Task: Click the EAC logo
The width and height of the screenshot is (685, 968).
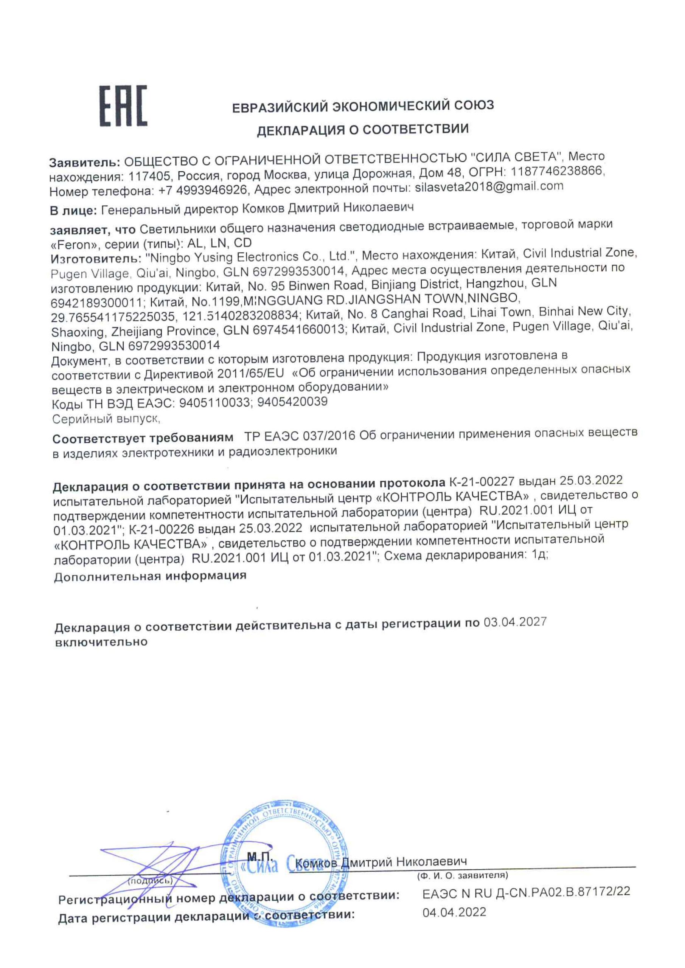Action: pos(123,106)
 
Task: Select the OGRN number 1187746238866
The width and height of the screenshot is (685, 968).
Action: pos(558,172)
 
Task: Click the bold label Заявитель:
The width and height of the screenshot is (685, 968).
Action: pos(85,162)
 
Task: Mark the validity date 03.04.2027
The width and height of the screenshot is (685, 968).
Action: pos(514,622)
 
